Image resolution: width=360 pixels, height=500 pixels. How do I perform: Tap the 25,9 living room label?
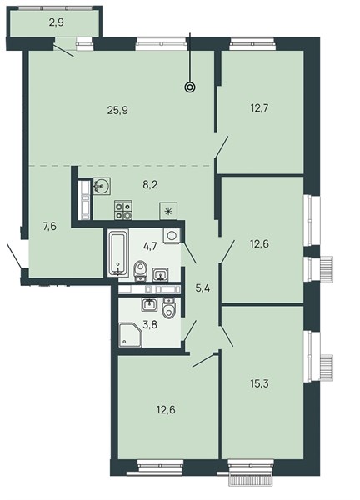117,111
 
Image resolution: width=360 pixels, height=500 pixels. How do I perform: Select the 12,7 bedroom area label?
259,108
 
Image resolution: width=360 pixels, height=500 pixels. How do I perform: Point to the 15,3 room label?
259,383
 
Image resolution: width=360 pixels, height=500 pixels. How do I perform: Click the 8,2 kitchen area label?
151,185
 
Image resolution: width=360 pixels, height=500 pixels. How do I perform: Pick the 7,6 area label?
50,227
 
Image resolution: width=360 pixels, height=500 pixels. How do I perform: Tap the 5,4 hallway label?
203,288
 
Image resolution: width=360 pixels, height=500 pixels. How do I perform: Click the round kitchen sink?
102,185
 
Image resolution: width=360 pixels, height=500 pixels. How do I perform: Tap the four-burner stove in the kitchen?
123,210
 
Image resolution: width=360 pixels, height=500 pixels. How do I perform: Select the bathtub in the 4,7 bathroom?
118,252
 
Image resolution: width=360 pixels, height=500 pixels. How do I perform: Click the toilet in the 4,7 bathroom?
140,270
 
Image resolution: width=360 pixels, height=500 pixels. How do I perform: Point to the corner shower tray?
130,335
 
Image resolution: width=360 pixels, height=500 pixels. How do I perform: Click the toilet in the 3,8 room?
169,308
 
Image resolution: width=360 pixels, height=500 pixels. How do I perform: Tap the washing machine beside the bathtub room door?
172,236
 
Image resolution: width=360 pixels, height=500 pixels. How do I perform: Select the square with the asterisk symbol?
168,211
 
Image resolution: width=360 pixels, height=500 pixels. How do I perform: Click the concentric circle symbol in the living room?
190,87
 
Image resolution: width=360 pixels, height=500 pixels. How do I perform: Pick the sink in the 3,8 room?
149,304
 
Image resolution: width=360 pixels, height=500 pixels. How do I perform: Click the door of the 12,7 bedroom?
222,147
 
